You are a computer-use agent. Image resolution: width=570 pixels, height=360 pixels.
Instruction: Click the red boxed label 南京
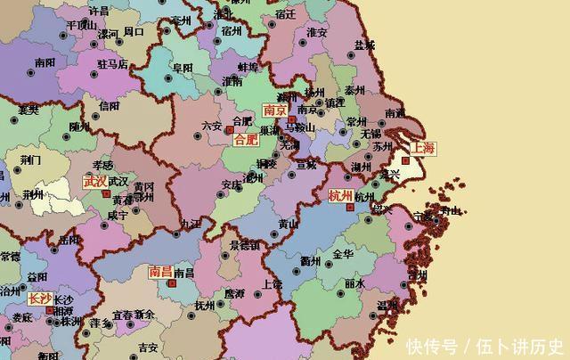pyautogui.click(x=275, y=110)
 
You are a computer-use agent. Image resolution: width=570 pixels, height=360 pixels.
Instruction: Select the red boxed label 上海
pyautogui.click(x=422, y=148)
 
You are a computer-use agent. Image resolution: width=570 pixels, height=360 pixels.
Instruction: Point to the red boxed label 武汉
pyautogui.click(x=94, y=181)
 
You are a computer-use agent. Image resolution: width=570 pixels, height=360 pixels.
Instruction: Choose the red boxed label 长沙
pyautogui.click(x=40, y=299)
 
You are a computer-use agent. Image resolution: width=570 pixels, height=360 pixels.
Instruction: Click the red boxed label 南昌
pyautogui.click(x=160, y=272)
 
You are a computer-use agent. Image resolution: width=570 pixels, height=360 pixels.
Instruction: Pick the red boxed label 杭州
pyautogui.click(x=341, y=196)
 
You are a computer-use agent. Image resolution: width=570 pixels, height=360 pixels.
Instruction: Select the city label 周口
pyautogui.click(x=134, y=32)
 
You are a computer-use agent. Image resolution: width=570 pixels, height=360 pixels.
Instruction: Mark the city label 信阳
pyautogui.click(x=109, y=106)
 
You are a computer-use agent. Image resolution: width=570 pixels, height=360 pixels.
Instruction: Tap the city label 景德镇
pyautogui.click(x=244, y=244)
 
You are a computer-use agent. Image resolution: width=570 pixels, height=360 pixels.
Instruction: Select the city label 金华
pyautogui.click(x=343, y=254)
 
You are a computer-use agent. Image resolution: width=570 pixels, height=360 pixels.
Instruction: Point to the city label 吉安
pyautogui.click(x=148, y=347)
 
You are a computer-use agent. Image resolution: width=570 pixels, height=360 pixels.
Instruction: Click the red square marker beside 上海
pyautogui.click(x=405, y=160)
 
